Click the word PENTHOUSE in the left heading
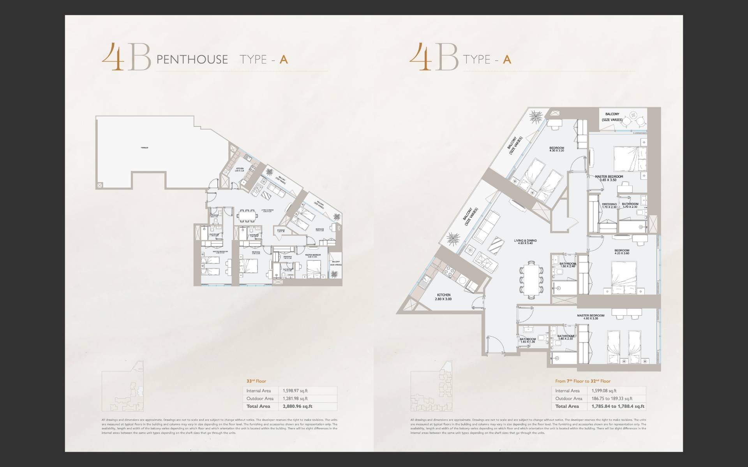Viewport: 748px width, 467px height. pyautogui.click(x=192, y=60)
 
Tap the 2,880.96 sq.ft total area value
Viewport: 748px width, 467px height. pyautogui.click(x=295, y=406)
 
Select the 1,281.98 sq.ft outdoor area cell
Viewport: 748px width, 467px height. pyautogui.click(x=293, y=399)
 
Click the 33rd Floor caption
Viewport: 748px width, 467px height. pyautogui.click(x=256, y=381)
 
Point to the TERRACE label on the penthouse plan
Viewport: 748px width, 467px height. pyautogui.click(x=145, y=148)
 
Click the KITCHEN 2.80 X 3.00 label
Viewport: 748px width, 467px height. pyautogui.click(x=444, y=297)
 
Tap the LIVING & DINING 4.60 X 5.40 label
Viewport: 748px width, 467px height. pyautogui.click(x=525, y=242)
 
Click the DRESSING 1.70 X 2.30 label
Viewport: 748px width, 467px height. pyautogui.click(x=609, y=205)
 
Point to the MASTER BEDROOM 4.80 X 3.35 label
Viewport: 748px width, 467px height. pyautogui.click(x=591, y=317)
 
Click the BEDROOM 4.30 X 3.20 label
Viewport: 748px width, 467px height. pyautogui.click(x=557, y=149)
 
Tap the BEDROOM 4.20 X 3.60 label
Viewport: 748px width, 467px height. pyautogui.click(x=621, y=252)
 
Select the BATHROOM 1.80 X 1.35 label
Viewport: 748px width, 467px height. pyautogui.click(x=527, y=341)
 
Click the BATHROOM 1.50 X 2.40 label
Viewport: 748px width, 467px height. pyautogui.click(x=567, y=265)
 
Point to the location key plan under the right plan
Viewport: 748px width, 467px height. pyautogui.click(x=431, y=392)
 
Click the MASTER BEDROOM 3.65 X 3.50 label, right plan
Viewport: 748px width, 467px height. pyautogui.click(x=609, y=178)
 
